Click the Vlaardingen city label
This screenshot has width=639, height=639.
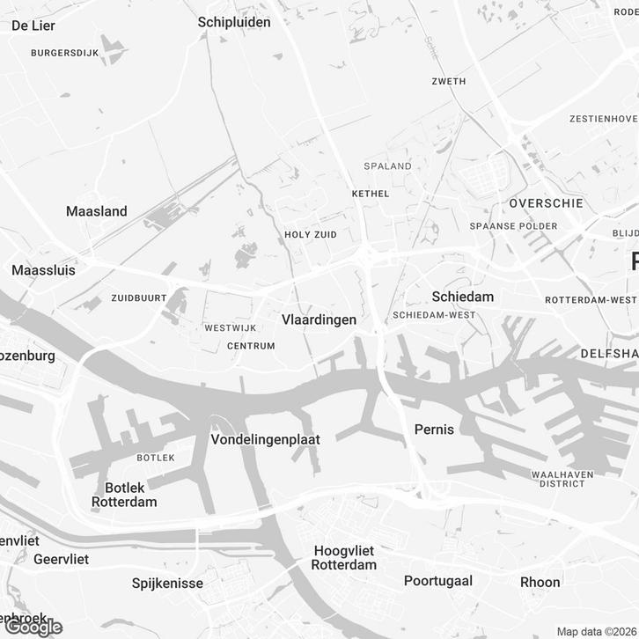(x=319, y=320)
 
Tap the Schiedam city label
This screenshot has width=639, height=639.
(x=462, y=297)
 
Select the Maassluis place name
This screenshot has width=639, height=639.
(x=43, y=270)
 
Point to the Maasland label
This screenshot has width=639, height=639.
(x=97, y=211)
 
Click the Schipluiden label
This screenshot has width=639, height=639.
(x=234, y=22)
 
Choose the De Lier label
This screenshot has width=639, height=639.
(x=33, y=26)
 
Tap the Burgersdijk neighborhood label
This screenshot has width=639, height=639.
(x=64, y=53)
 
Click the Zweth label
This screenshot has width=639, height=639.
(x=448, y=82)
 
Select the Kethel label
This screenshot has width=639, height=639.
(x=370, y=194)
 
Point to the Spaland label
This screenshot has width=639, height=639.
(x=388, y=165)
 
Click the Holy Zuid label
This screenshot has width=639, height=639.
(x=312, y=235)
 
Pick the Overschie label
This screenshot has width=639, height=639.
(x=546, y=203)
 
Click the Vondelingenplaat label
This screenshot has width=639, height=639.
(x=266, y=439)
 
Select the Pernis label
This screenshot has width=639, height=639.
(x=434, y=430)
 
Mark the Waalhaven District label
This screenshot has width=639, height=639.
(x=563, y=479)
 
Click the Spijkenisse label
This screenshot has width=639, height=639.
(x=167, y=583)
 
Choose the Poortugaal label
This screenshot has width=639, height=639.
(x=438, y=581)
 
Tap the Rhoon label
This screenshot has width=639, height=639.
(x=540, y=582)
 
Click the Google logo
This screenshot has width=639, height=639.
(x=33, y=627)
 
